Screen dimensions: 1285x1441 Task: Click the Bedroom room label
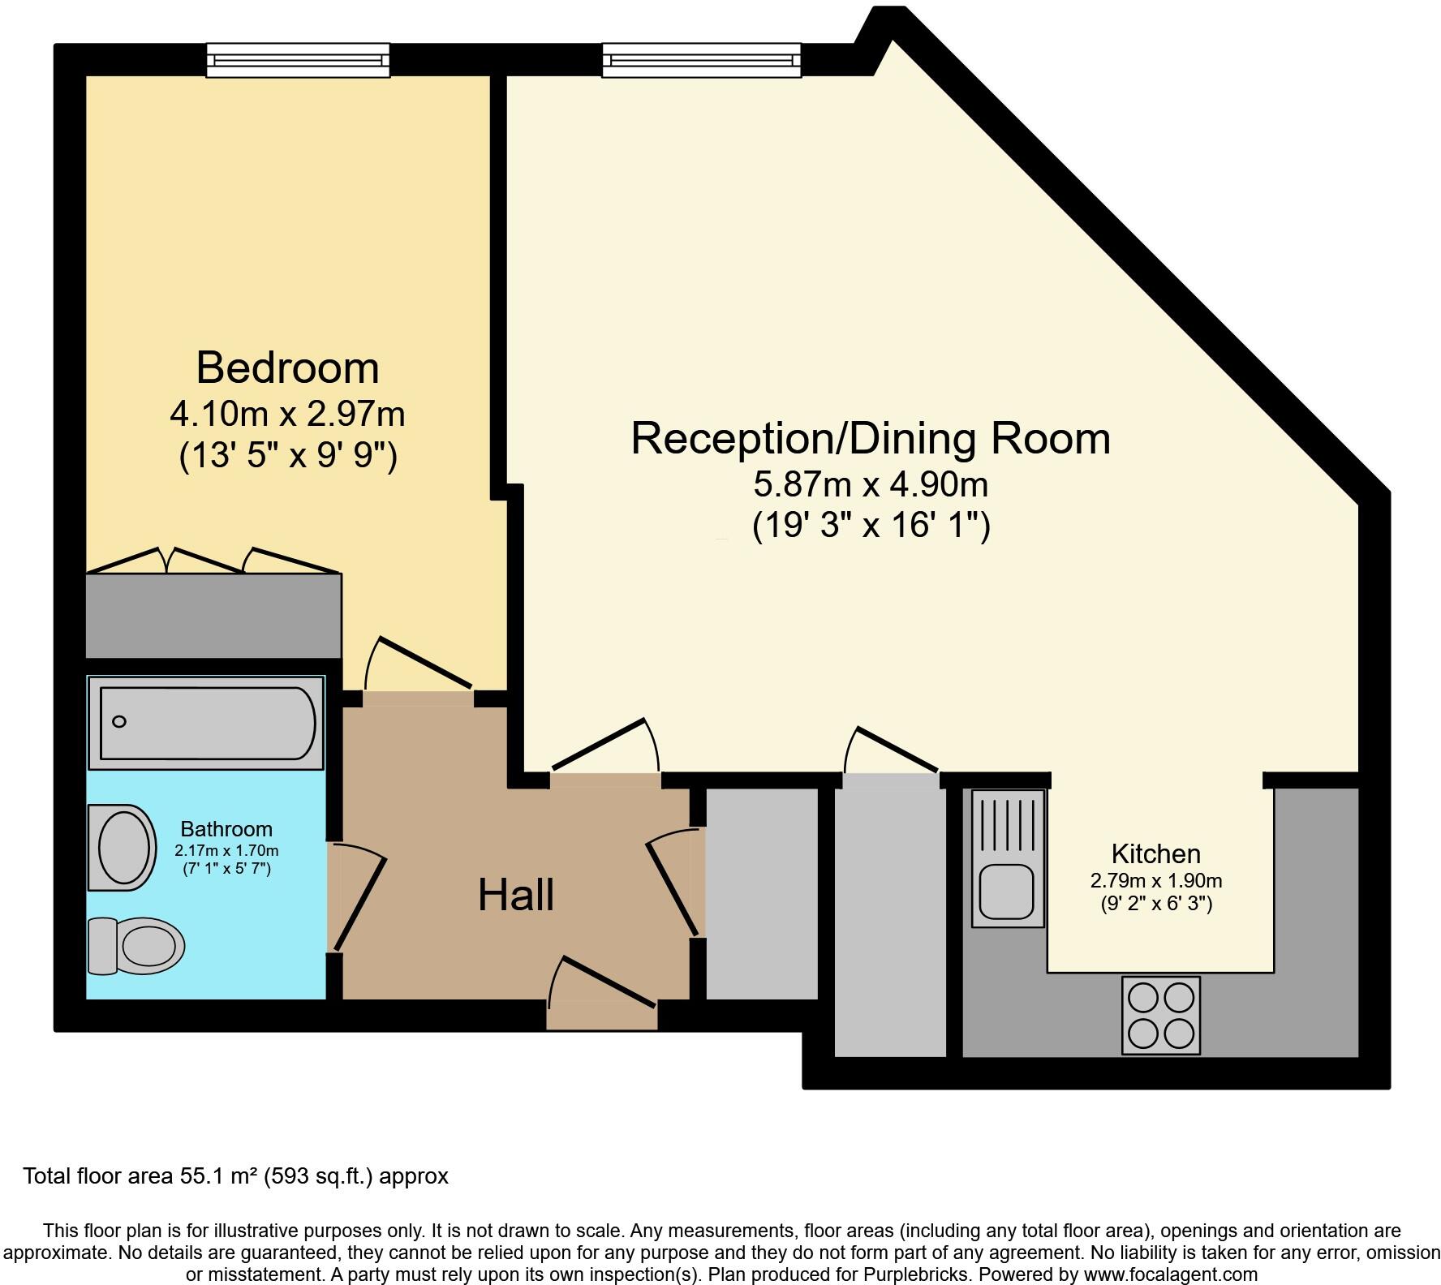tap(287, 367)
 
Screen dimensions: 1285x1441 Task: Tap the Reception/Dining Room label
tap(870, 438)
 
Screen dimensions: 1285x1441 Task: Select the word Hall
tap(515, 896)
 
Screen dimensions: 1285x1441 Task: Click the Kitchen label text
tap(1155, 853)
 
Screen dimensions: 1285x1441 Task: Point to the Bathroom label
tap(226, 829)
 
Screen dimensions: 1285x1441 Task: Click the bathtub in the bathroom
tap(207, 723)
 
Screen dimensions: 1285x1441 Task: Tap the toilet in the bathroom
tap(135, 946)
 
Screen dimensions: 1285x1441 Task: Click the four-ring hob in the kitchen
tap(1160, 1015)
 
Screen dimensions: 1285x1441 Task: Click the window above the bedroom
tap(298, 61)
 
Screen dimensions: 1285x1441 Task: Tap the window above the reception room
tap(701, 61)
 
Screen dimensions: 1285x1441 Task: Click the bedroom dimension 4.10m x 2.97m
tap(287, 415)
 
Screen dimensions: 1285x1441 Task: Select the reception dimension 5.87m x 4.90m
tap(870, 485)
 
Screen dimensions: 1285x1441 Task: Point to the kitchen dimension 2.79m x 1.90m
tap(1155, 880)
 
